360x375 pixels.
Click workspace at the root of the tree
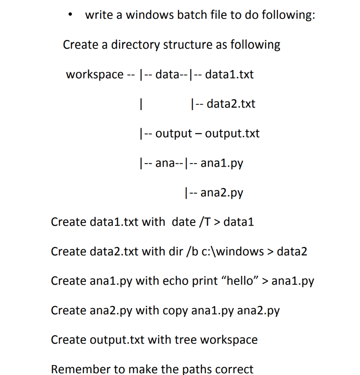(95, 75)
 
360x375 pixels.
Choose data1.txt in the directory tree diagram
(229, 74)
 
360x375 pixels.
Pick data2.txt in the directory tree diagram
(231, 104)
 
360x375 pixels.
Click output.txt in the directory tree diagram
(232, 133)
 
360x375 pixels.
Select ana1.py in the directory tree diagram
(222, 163)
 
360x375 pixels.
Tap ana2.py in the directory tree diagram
(222, 192)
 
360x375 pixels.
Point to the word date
(183, 222)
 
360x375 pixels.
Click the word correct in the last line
(230, 369)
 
